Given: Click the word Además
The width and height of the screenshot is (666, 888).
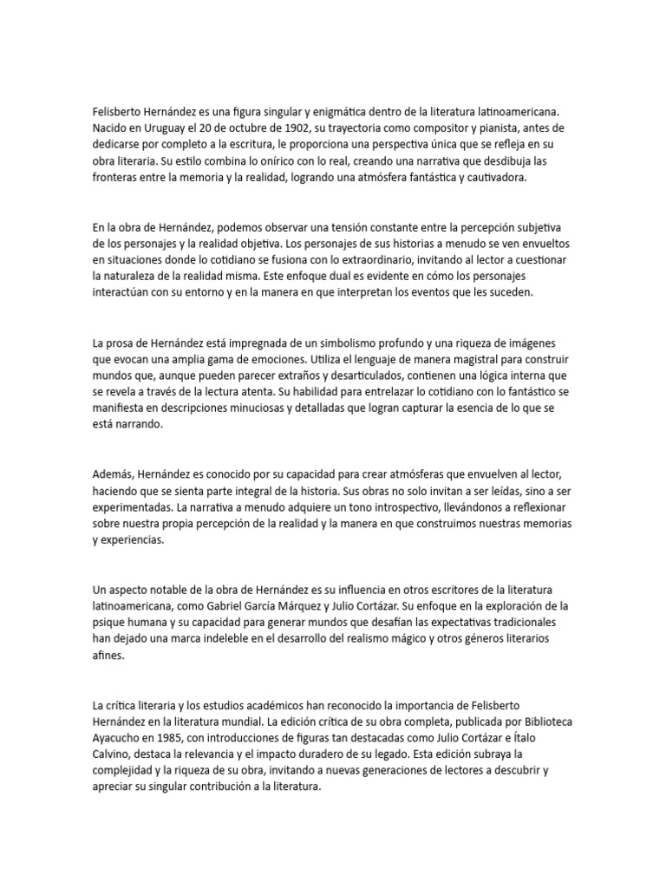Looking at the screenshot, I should [x=114, y=474].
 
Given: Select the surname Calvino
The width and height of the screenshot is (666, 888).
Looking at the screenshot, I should [x=114, y=754].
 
